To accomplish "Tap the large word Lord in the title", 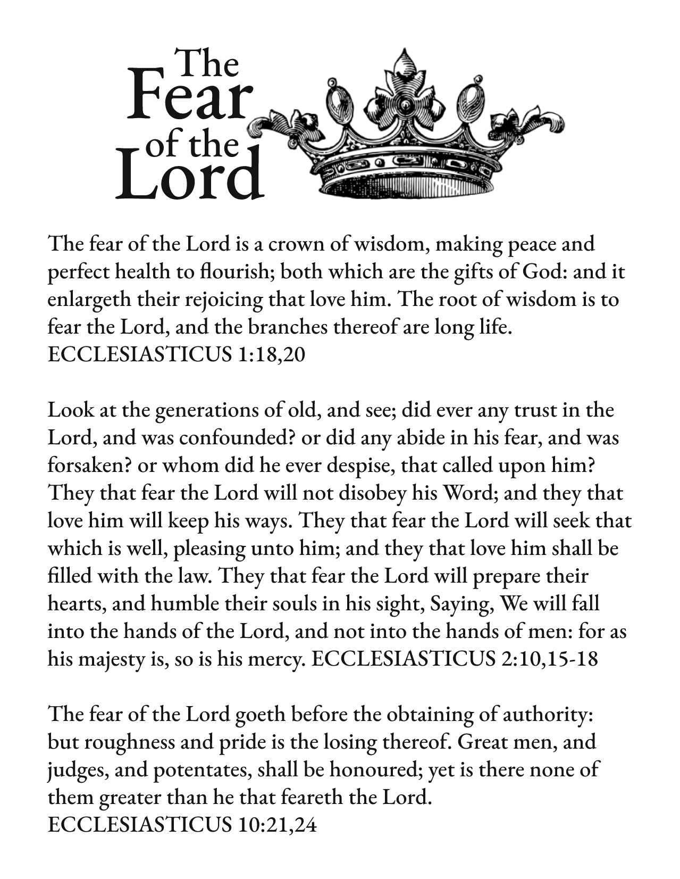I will (x=190, y=174).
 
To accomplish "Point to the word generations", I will (x=198, y=411).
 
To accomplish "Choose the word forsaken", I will (x=89, y=466).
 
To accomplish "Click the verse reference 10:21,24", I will (x=274, y=825).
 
